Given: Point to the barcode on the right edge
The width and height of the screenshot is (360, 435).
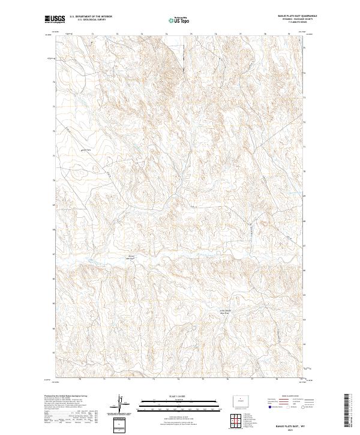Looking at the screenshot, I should pos(348,412).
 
